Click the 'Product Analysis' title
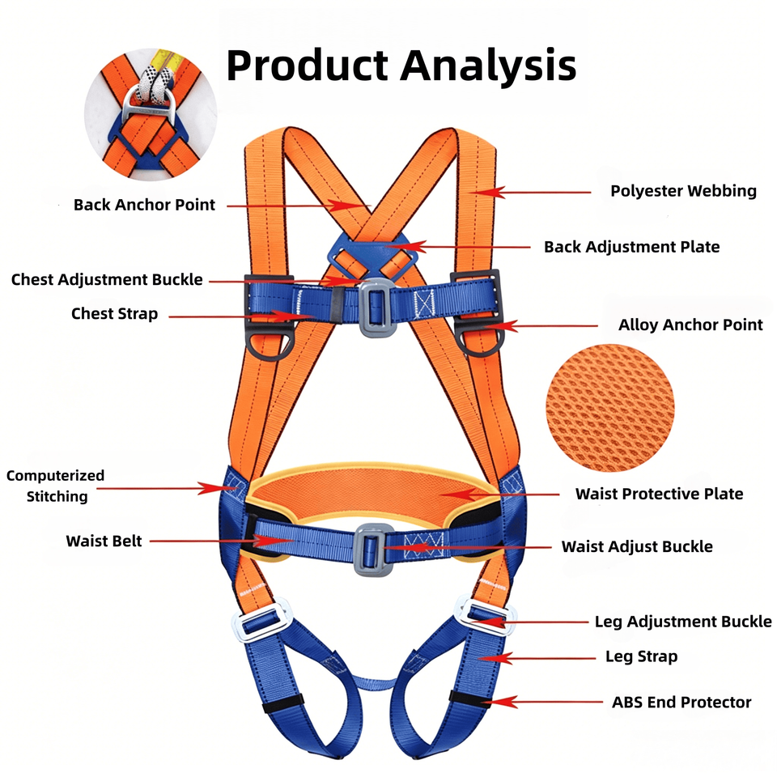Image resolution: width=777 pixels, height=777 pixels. click(401, 65)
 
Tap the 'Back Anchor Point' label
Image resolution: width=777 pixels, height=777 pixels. click(144, 205)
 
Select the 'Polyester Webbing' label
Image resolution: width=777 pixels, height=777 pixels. click(683, 191)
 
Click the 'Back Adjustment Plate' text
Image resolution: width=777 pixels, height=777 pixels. click(632, 247)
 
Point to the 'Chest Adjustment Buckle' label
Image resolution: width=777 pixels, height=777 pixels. click(107, 279)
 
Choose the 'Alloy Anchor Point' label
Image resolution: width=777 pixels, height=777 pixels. click(690, 325)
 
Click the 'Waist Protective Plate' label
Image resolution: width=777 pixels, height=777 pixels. click(659, 494)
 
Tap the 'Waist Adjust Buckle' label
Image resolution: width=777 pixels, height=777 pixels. click(637, 546)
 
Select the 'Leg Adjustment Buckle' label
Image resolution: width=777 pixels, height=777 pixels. click(683, 622)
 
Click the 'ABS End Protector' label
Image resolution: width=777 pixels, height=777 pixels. click(681, 703)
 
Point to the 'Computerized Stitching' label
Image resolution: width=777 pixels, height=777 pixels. click(56, 486)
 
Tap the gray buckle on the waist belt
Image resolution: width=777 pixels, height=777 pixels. click(372, 550)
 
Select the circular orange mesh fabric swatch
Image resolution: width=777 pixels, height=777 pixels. click(610, 408)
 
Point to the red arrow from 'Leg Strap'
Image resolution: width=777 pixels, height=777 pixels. click(537, 658)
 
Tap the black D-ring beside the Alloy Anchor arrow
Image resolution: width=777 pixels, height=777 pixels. click(478, 338)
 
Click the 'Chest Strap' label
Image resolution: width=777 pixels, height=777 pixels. click(114, 314)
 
